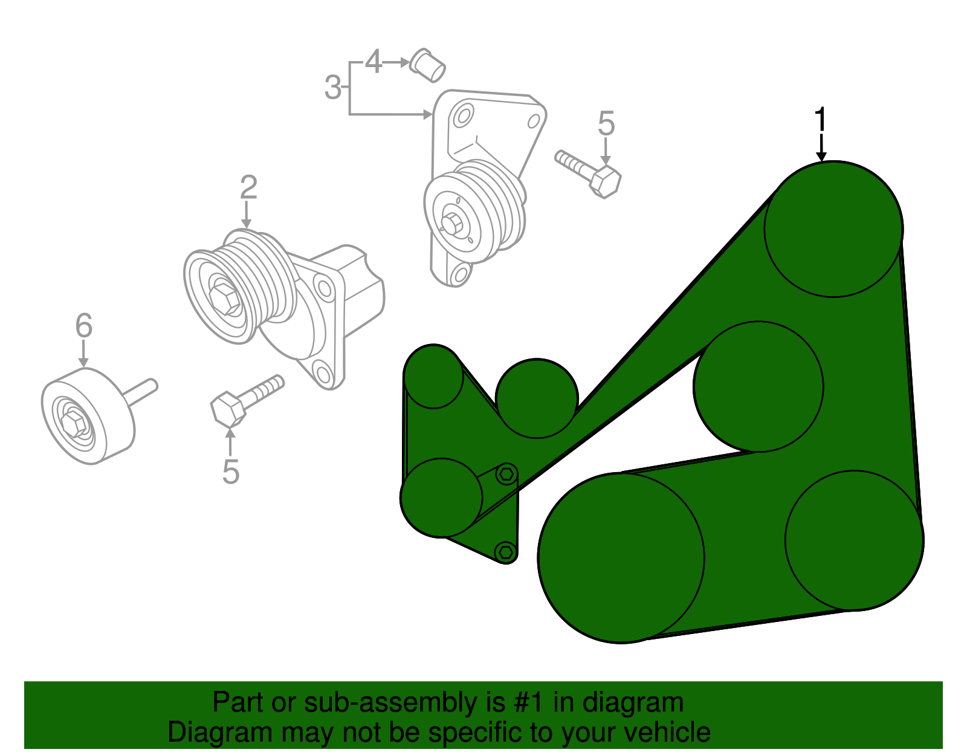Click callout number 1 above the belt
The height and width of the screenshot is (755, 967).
820,120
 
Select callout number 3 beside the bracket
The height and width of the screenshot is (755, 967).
333,88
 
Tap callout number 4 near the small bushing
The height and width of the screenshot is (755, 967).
374,62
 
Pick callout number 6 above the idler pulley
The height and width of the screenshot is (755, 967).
84,326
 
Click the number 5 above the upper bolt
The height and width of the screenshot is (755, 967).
606,124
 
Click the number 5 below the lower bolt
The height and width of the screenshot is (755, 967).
231,472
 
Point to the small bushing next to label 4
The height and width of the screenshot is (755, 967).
429,65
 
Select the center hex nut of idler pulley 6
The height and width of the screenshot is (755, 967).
74,421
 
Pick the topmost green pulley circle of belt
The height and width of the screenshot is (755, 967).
833,229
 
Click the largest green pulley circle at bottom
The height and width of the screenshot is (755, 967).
621,557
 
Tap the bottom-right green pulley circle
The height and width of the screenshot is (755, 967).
854,540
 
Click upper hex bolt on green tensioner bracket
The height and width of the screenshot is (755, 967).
506,475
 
